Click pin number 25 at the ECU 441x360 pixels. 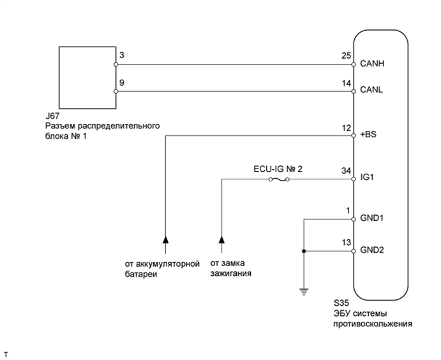point(346,56)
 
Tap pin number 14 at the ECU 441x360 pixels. point(346,83)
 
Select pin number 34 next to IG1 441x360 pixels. point(346,171)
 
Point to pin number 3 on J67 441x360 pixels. point(121,56)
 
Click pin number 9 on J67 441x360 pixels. point(121,83)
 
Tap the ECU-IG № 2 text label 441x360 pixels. point(277,169)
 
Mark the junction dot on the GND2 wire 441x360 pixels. point(304,251)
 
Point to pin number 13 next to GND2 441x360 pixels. point(346,243)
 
